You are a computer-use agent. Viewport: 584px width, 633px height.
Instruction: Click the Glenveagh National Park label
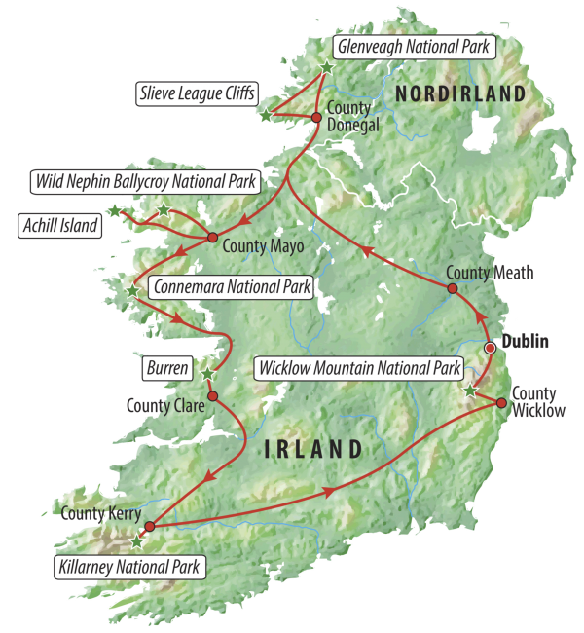point(414,45)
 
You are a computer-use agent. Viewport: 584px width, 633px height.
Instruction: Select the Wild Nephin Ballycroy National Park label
point(144,181)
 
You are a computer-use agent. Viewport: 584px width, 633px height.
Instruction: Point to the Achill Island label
point(60,226)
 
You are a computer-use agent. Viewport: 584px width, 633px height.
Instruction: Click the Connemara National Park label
point(231,287)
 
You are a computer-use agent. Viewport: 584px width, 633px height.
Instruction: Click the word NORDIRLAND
point(461,93)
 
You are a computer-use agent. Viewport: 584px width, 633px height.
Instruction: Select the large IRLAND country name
point(314,449)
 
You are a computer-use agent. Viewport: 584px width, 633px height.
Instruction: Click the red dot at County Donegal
point(315,118)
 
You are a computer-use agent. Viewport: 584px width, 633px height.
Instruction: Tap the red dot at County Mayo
point(212,238)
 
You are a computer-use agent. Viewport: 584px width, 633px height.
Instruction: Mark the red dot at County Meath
point(452,288)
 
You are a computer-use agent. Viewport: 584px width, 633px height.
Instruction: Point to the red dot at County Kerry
point(149,527)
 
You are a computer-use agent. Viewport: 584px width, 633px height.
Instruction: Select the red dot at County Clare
point(211,396)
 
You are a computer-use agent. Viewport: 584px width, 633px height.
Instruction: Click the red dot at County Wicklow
point(501,402)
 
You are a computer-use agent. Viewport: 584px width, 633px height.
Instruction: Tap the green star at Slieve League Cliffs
point(265,115)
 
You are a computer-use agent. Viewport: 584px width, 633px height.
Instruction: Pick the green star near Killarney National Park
point(135,542)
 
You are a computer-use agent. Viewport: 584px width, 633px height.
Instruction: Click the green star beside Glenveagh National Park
point(326,66)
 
